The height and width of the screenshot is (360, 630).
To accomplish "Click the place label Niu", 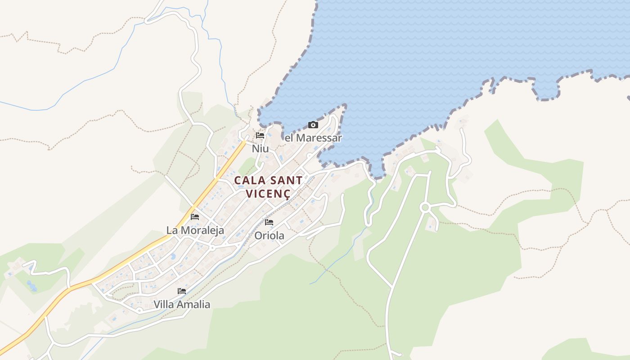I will coord(260,148).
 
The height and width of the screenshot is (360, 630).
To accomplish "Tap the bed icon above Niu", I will coord(260,135).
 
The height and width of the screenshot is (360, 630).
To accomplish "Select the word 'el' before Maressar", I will coord(289,138).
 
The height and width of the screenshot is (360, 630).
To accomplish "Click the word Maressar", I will coord(319,138).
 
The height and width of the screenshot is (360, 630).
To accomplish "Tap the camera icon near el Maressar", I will coord(313,125).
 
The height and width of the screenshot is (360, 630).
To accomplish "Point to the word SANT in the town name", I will coord(285,180).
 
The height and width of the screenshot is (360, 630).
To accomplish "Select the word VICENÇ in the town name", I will coord(268,193).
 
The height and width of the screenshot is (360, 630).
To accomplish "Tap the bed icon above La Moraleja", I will coord(195,217).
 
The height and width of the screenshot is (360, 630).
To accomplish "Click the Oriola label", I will coord(269,235).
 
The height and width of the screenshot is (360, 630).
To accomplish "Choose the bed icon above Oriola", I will coord(269,222).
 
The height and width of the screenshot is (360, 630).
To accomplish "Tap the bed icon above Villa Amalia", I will coord(182,291).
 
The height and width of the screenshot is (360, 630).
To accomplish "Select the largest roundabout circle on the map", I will coord(424,207).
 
